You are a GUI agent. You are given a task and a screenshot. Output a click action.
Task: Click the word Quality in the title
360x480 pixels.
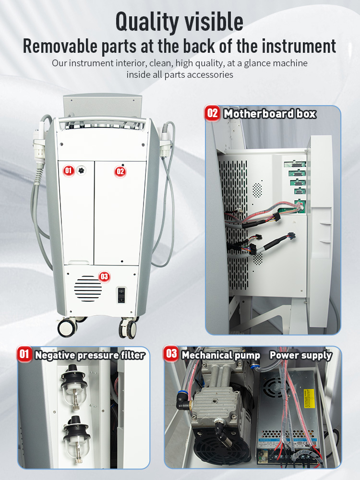(x=146, y=22)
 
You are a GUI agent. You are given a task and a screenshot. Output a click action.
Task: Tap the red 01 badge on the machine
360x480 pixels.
(x=69, y=170)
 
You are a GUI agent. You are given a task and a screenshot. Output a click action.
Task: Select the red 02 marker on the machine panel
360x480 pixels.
(x=120, y=171)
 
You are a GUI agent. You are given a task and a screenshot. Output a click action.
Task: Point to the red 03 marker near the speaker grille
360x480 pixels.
(x=104, y=276)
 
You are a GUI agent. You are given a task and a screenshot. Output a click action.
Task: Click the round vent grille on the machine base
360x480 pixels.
(x=88, y=288)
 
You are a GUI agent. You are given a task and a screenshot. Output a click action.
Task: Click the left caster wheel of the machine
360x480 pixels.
(x=68, y=328)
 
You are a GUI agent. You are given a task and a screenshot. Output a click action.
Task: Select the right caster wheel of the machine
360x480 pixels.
(x=128, y=329)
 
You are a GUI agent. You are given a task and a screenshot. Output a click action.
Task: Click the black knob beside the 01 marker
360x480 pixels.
(x=81, y=170)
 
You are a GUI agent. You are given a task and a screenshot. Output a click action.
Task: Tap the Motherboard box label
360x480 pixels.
(x=270, y=114)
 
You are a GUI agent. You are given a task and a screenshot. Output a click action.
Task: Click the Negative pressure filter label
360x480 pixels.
(x=90, y=355)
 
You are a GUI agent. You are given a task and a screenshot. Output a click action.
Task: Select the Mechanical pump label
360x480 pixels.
(x=221, y=355)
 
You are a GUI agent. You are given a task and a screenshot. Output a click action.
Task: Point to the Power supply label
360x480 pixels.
(x=300, y=355)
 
